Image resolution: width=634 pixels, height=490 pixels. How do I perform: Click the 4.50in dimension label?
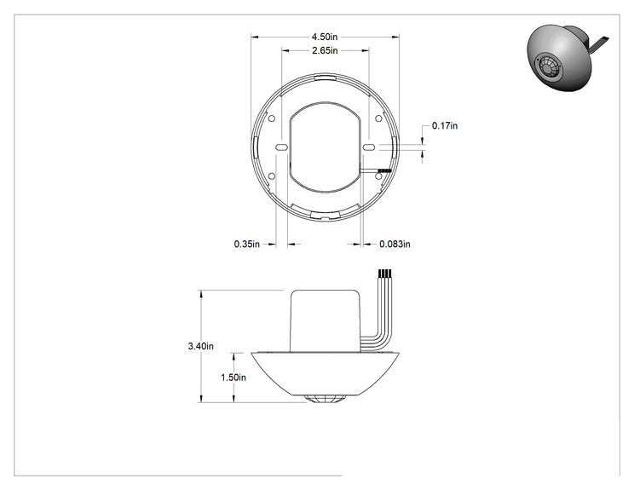point(325,37)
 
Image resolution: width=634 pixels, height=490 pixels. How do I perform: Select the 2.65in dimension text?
point(325,50)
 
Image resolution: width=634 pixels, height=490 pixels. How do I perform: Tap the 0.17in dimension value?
point(445,126)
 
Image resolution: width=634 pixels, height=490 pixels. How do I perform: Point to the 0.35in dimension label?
point(246,245)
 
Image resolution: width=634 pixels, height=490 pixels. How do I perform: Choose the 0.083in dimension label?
point(395,245)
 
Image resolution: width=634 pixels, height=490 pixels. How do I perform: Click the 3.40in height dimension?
point(200,346)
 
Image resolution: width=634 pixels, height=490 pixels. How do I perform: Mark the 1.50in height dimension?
point(233,378)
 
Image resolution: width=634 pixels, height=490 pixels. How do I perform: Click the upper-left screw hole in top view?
point(272,118)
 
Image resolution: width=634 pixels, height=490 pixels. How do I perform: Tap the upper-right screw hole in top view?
point(378,118)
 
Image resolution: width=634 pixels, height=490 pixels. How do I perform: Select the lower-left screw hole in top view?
point(272,176)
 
